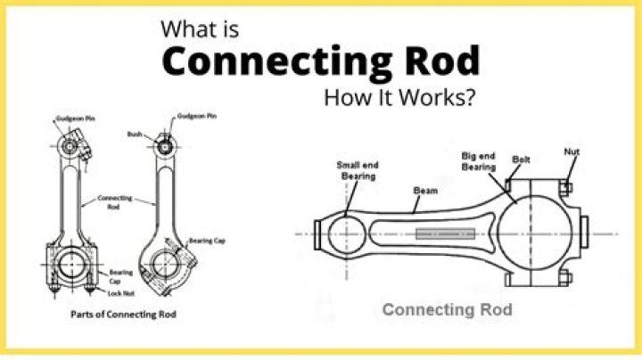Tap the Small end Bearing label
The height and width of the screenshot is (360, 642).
coord(354,168)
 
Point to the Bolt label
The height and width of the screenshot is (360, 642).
coord(522,160)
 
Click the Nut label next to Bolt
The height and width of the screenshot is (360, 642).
coord(572,151)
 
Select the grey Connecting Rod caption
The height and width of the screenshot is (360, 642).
coord(447,310)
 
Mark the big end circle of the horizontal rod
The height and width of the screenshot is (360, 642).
coord(535,233)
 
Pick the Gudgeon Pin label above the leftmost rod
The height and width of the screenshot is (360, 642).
coord(72,117)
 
